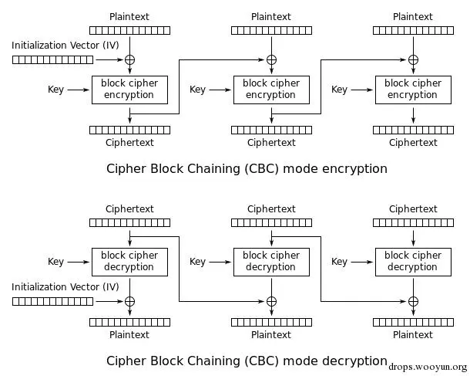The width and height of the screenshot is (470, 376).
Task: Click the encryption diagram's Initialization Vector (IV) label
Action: (65, 46)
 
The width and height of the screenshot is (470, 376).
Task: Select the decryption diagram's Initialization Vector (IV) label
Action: (65, 287)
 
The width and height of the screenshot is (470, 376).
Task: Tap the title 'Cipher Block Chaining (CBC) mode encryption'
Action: (247, 168)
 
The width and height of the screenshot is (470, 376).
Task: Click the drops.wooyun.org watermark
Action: (428, 368)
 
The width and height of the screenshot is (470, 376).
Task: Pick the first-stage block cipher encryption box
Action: (129, 90)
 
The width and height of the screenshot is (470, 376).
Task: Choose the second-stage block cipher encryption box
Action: (271, 90)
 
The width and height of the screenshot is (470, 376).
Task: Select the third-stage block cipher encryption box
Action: (413, 90)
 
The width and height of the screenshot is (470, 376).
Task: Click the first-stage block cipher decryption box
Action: (129, 262)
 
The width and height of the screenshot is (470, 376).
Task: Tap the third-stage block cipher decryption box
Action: (413, 262)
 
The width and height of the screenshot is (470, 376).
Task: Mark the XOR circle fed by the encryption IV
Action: (129, 59)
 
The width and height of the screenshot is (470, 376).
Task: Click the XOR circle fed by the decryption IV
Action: (129, 301)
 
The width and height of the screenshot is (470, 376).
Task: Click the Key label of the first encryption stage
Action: (55, 90)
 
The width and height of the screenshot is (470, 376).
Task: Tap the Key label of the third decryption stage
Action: (339, 262)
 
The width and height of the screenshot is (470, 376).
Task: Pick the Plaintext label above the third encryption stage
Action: (413, 17)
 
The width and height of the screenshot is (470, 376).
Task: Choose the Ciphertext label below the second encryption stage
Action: (271, 143)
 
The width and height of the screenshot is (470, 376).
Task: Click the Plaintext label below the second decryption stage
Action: (271, 335)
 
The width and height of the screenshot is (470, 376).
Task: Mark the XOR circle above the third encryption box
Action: (413, 59)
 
